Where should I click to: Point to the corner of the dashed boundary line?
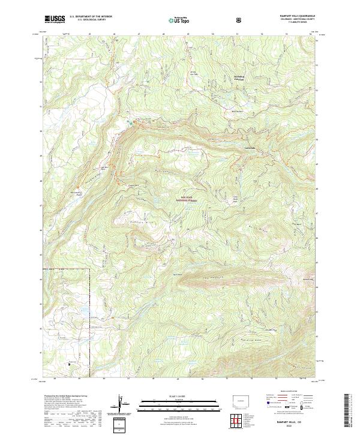[x=90, y=269]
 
